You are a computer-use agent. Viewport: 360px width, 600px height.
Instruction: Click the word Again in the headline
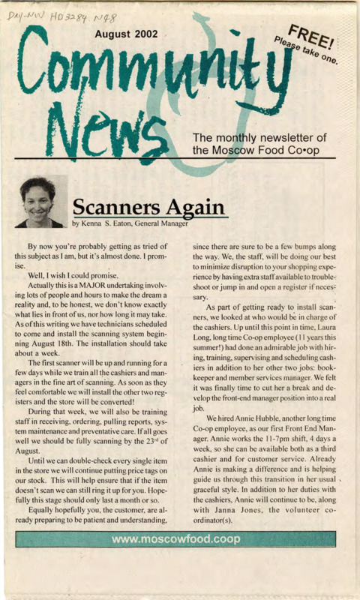click(192, 206)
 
